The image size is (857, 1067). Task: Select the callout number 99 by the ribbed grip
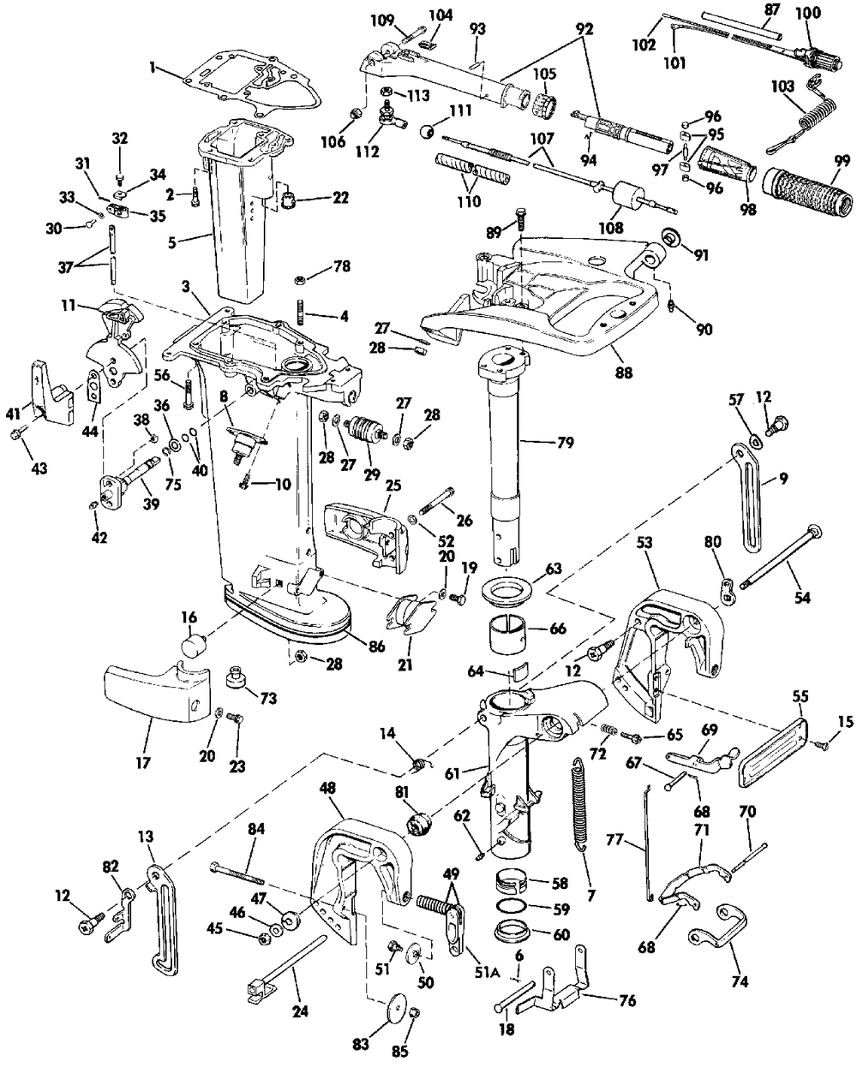coord(836,160)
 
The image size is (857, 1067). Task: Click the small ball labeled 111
coord(426,131)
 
